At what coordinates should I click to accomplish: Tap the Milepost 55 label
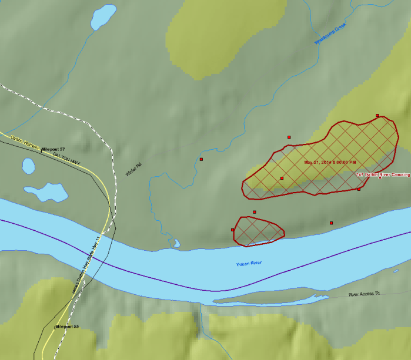click(x=67, y=326)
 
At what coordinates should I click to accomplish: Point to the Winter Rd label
click(x=134, y=170)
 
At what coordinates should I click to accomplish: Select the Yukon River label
click(x=248, y=264)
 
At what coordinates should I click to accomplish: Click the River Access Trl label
click(x=365, y=294)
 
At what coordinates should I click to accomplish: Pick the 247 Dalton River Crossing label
click(x=383, y=174)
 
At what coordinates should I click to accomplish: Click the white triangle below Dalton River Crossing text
click(x=380, y=178)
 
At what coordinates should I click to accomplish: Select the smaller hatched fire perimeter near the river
click(x=259, y=230)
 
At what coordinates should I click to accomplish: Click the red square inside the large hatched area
click(x=282, y=178)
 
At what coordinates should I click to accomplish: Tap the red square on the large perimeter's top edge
click(x=377, y=116)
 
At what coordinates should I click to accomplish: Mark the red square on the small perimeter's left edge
click(x=233, y=230)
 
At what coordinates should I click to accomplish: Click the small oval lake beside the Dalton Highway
click(x=29, y=166)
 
